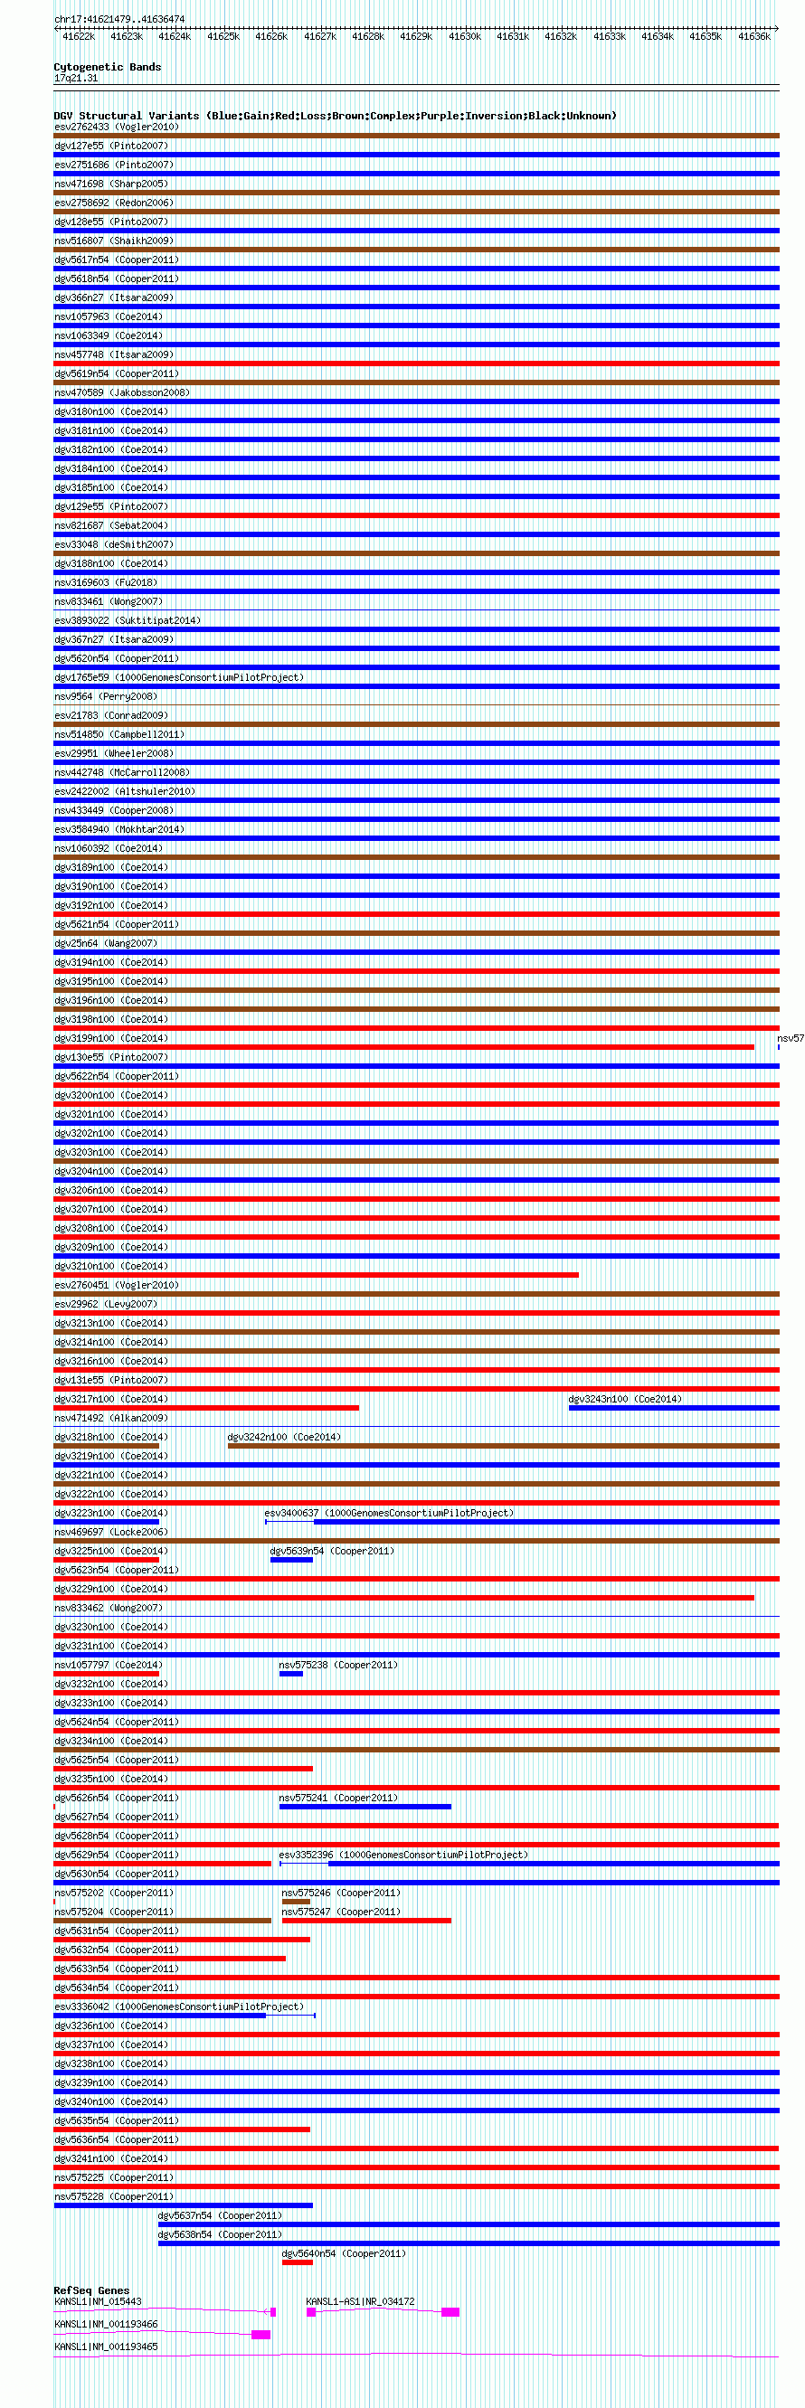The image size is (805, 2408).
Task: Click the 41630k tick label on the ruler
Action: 464,36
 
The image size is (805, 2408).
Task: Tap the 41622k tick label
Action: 79,36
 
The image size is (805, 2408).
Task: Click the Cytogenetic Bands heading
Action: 107,67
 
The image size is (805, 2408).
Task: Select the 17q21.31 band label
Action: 76,79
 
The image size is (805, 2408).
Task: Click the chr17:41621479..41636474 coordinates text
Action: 118,19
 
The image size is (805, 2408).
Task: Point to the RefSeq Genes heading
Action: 91,2290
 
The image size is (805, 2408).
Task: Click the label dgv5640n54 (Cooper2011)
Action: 343,2253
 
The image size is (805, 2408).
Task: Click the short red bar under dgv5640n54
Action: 298,2262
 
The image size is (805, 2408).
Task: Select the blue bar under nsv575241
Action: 365,1807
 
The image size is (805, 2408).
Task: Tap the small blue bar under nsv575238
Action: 290,1674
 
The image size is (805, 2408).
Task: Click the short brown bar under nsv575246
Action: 296,1902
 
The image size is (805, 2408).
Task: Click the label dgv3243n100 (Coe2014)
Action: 624,1400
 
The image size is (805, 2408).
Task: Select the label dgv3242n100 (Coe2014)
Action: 283,1438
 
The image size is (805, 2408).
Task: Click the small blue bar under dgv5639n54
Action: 290,1560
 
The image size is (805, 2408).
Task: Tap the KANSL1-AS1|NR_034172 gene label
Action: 360,2301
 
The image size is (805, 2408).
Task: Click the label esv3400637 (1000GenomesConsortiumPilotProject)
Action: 388,1514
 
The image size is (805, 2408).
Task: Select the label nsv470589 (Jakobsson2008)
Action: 121,392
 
